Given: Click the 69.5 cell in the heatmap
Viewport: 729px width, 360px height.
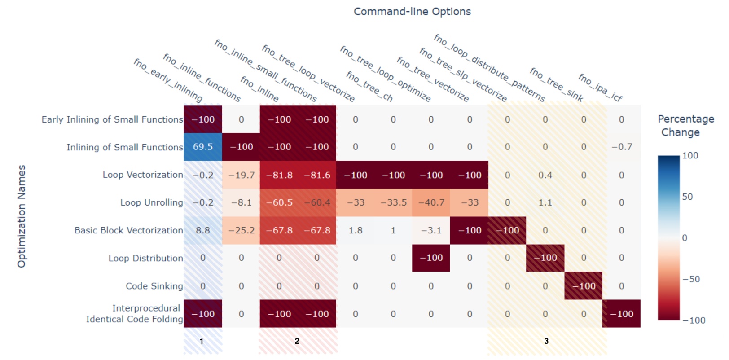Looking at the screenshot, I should pos(203,147).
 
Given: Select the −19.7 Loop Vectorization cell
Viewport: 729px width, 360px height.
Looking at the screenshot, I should pos(241,175).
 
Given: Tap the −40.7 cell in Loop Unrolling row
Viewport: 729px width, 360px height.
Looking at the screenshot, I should pos(431,202).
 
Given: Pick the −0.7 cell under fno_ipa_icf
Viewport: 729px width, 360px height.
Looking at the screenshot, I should pos(622,147).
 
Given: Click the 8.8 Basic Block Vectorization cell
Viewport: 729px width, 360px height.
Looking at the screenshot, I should pos(203,230).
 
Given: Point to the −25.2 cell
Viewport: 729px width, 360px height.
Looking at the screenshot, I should pos(241,230).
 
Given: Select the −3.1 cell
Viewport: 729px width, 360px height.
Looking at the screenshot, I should pos(431,230).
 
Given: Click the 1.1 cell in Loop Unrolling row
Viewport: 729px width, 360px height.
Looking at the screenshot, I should pos(545,202).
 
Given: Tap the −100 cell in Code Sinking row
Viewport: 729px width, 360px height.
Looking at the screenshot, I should pos(583,286).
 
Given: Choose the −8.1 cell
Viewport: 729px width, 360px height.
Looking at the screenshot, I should pos(241,202).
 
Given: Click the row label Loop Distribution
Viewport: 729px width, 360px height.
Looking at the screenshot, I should pos(145,258).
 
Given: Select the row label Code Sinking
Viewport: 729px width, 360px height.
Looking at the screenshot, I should pos(154,286).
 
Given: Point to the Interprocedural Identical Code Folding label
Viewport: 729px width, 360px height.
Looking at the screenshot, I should pos(135,313).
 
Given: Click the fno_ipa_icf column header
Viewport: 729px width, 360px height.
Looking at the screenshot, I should pos(600,88).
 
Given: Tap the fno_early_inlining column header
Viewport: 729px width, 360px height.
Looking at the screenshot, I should pos(168,80).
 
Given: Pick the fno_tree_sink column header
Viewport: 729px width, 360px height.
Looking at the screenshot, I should pos(556,84).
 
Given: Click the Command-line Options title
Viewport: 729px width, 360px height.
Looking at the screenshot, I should pos(412,12).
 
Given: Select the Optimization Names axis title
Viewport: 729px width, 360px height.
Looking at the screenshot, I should pos(22,216).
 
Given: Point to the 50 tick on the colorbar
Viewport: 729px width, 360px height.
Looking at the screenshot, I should pos(687,197).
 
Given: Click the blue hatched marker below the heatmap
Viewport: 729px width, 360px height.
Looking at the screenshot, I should pos(203,346).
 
